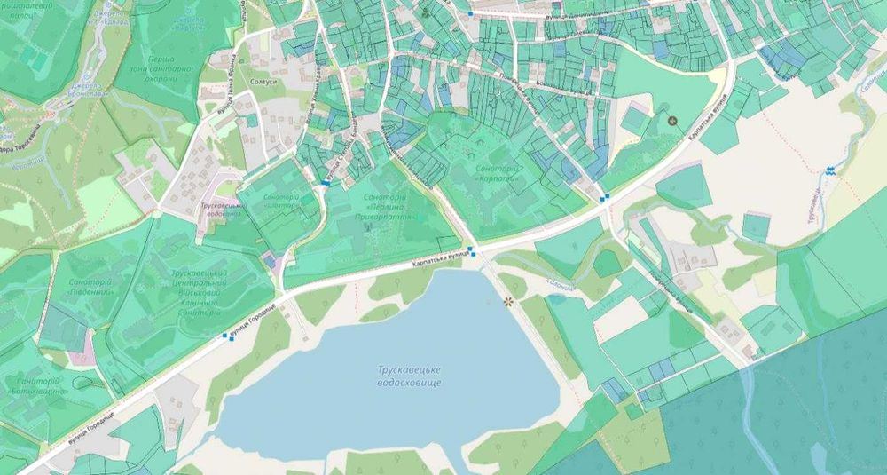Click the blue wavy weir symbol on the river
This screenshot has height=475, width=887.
830,172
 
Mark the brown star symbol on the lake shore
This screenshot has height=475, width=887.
509,302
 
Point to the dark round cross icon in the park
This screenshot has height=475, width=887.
671,119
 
